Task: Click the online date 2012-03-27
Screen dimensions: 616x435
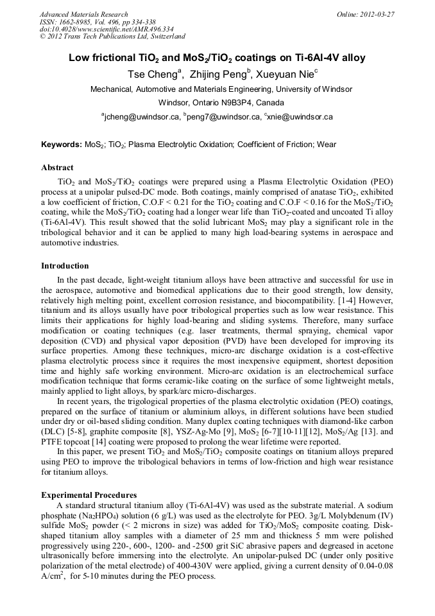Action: (x=375, y=14)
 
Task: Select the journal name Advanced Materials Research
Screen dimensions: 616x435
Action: (x=84, y=14)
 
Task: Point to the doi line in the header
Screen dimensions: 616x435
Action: (x=107, y=29)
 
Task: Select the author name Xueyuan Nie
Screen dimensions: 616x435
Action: (x=287, y=75)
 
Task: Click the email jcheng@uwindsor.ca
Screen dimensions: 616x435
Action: (x=142, y=117)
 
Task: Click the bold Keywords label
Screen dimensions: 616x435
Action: (x=62, y=145)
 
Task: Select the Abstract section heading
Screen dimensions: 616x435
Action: (x=57, y=168)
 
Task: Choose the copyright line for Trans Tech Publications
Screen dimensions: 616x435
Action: (x=112, y=37)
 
